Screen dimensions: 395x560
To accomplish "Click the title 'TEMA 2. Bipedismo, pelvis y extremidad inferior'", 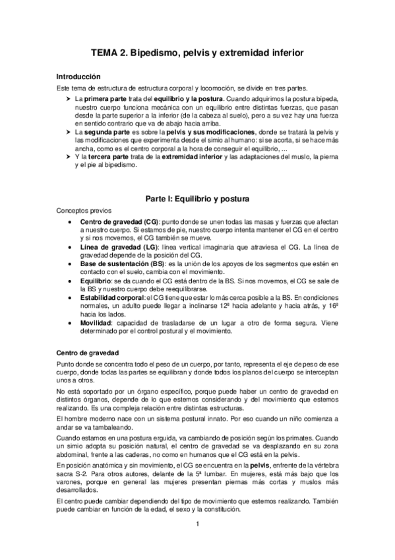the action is click(x=197, y=53).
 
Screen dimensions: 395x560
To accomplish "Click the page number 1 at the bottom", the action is click(x=197, y=524).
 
